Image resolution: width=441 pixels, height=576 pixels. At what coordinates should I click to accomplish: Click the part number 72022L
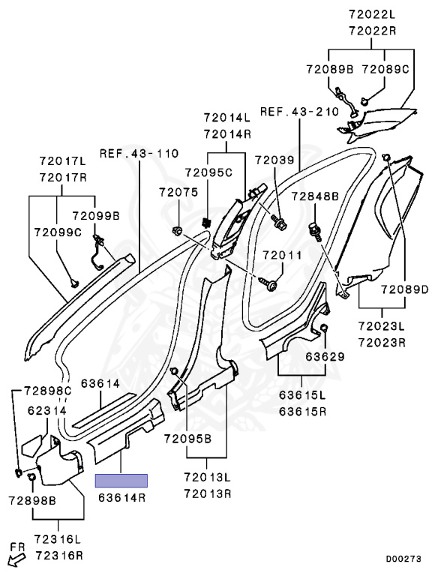(372, 14)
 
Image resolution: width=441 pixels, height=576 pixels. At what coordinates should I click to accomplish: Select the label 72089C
(385, 69)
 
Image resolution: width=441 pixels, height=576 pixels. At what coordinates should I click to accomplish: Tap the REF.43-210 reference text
(299, 111)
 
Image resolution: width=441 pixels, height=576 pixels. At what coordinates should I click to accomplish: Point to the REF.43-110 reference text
(139, 153)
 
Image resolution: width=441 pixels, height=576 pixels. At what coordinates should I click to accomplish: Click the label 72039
(274, 160)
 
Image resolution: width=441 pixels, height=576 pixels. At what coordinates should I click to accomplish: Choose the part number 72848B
(315, 196)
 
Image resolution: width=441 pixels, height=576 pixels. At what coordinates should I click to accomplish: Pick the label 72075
(178, 192)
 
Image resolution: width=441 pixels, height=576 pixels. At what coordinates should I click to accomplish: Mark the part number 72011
(282, 255)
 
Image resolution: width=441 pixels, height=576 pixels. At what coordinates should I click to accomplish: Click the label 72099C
(58, 232)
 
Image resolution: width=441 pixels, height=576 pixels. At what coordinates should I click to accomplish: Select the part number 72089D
(404, 289)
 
